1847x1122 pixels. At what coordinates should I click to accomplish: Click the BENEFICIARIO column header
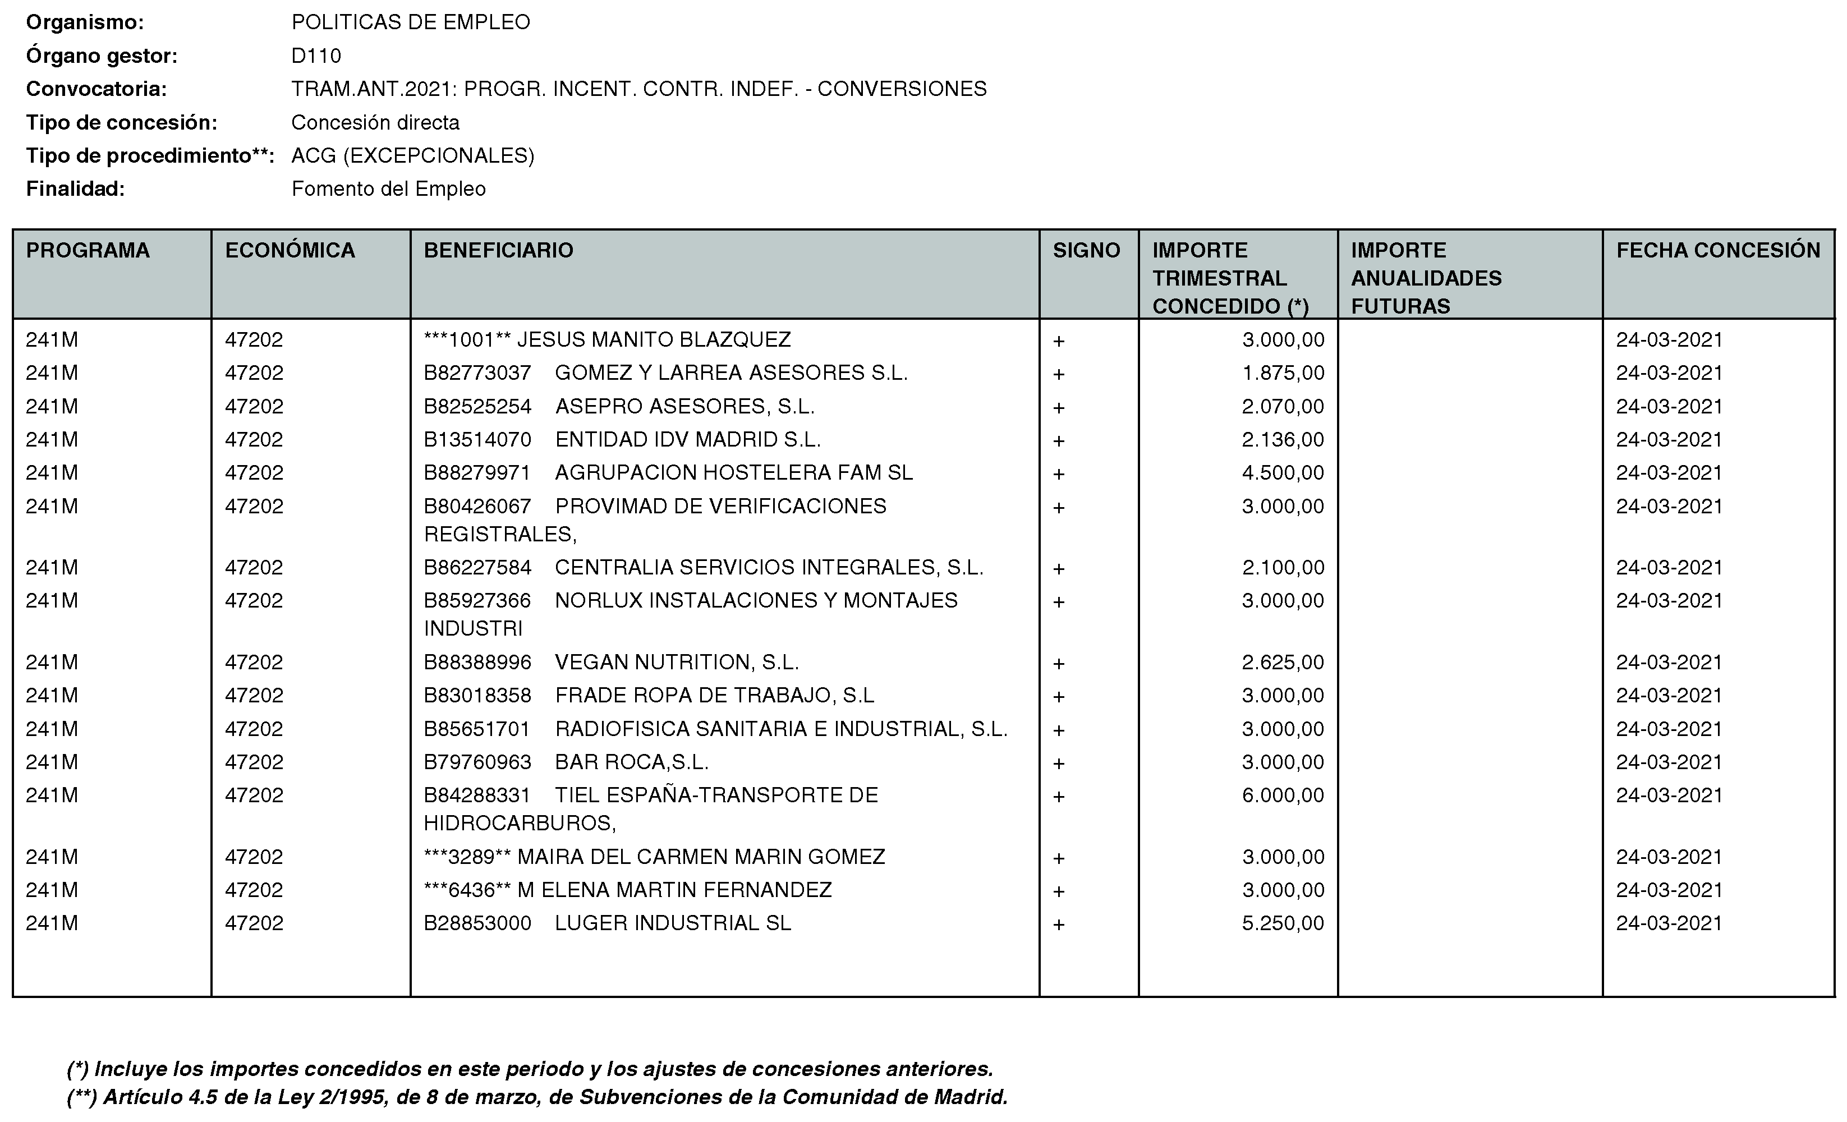point(498,250)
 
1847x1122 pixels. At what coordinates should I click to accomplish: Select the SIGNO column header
point(1086,250)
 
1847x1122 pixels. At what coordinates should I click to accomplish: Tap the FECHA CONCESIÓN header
point(1717,250)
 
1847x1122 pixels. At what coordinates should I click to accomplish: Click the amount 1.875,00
point(1283,373)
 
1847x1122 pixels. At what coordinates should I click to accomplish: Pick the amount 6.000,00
point(1283,795)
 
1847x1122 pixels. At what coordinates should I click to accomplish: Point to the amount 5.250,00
point(1283,923)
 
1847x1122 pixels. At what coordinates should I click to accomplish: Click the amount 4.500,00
point(1283,473)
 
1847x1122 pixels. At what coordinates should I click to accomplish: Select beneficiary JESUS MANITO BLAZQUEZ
point(654,341)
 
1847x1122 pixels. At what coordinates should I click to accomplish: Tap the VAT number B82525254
point(477,407)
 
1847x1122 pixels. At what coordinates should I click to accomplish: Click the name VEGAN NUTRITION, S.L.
point(677,663)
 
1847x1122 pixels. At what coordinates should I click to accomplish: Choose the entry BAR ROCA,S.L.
point(632,762)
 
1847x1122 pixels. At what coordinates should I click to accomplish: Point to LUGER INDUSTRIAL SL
point(672,923)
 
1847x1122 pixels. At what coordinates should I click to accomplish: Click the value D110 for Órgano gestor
point(316,56)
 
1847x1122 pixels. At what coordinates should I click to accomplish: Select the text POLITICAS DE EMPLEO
point(411,22)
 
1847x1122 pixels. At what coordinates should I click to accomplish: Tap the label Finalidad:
point(75,189)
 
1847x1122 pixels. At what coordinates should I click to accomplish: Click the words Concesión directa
point(375,123)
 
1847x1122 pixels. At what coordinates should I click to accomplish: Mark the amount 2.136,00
point(1283,440)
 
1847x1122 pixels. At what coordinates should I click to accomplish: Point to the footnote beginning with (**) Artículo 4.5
point(537,1097)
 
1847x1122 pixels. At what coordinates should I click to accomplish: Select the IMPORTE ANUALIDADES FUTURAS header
point(1426,278)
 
